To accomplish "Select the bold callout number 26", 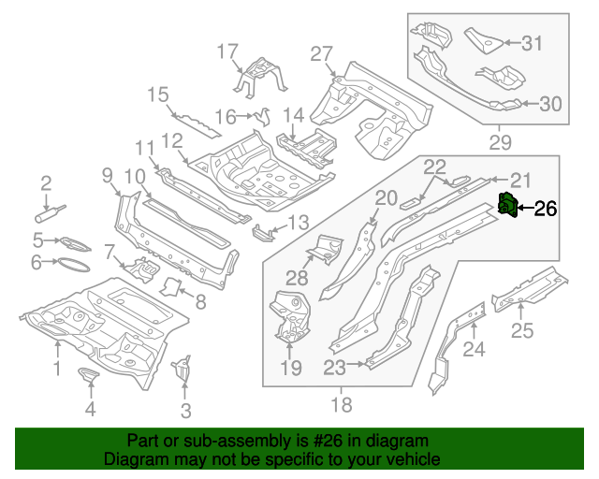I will click(x=544, y=210).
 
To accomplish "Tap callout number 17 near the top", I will click(x=228, y=51).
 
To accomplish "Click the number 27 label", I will click(x=321, y=52).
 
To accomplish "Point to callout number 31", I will click(x=532, y=42).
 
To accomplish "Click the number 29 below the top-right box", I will click(x=501, y=142).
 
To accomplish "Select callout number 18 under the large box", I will click(x=343, y=404).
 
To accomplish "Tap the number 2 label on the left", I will click(x=45, y=182).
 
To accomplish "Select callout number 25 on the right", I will click(x=521, y=329).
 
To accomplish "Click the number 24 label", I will click(x=475, y=350).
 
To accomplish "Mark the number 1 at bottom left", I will click(x=56, y=370).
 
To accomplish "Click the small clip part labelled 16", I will click(x=259, y=116).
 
